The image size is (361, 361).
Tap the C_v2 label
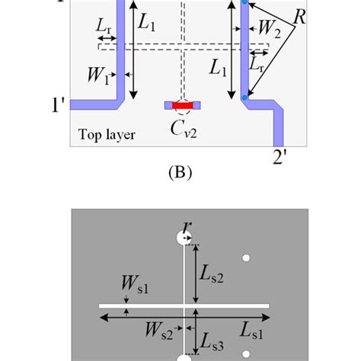click(x=184, y=126)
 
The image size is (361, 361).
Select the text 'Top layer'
click(x=107, y=136)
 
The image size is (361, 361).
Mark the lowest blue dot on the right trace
click(x=244, y=97)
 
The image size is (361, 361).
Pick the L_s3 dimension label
click(x=212, y=343)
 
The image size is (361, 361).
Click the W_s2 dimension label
click(x=160, y=331)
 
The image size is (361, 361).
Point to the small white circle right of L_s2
click(x=245, y=259)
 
